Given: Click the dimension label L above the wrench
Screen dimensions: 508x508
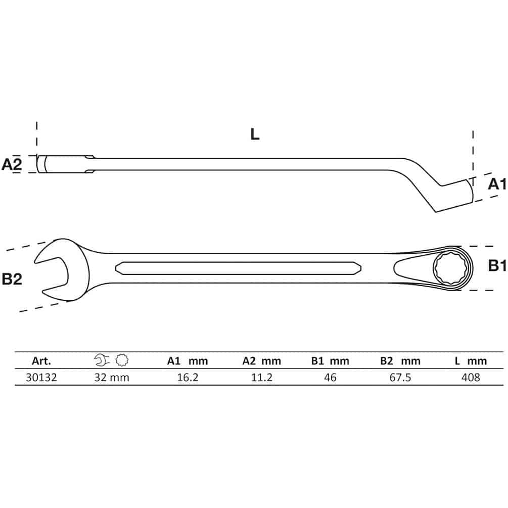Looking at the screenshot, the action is (x=255, y=134).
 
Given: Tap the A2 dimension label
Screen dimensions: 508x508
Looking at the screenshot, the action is (x=12, y=164).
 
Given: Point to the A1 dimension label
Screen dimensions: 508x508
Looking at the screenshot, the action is (x=497, y=184).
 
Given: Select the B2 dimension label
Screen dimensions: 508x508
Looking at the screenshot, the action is (x=12, y=279).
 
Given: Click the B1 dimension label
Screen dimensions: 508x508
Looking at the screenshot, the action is (x=497, y=266).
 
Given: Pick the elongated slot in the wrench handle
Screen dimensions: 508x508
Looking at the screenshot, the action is (x=238, y=268).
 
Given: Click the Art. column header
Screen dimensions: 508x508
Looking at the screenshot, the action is (x=41, y=361).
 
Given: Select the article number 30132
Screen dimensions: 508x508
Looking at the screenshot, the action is (x=41, y=378).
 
